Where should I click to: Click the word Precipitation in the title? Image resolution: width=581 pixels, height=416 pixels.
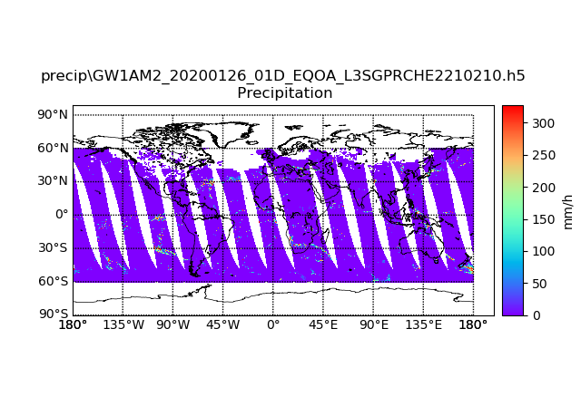click(x=284, y=93)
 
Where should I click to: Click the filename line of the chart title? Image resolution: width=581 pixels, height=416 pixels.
click(x=283, y=76)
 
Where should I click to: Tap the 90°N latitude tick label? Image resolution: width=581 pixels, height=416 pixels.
click(x=52, y=114)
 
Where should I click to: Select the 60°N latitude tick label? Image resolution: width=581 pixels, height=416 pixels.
click(x=52, y=148)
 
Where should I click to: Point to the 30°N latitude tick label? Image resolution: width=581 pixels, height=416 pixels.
click(x=52, y=180)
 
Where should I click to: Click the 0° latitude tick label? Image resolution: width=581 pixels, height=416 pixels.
click(x=62, y=214)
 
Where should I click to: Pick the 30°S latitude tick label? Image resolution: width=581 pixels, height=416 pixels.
click(x=53, y=247)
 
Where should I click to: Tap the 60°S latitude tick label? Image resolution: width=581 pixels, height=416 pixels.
click(x=53, y=281)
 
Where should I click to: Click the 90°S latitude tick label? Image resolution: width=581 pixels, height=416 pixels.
click(x=53, y=314)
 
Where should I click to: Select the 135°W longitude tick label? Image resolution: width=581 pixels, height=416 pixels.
click(x=123, y=325)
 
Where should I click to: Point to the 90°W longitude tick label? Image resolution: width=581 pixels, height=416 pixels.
click(x=172, y=325)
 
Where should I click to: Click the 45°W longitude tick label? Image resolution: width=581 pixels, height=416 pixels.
click(x=222, y=325)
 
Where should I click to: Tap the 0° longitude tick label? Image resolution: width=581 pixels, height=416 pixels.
click(x=272, y=325)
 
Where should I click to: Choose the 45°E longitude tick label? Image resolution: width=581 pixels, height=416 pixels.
click(x=322, y=325)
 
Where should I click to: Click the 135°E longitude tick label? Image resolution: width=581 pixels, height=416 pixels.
click(x=423, y=325)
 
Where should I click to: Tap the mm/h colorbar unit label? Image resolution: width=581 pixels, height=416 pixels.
click(x=567, y=210)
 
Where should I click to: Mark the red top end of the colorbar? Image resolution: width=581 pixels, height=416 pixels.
click(x=512, y=108)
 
